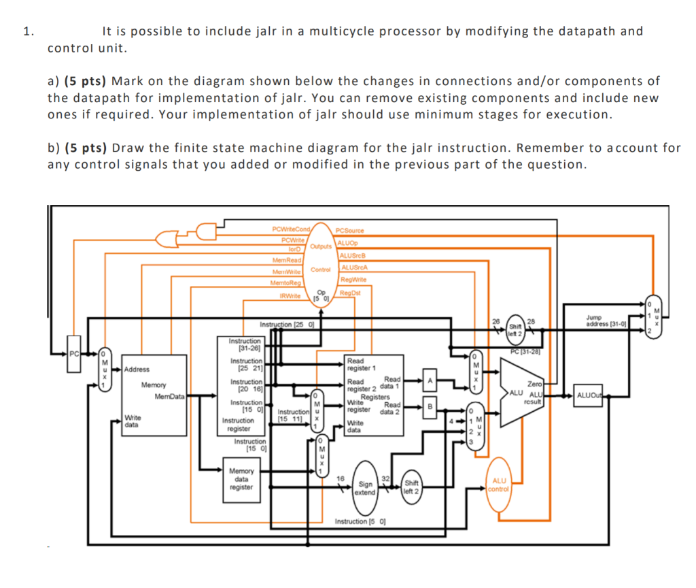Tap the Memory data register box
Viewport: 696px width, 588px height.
(241, 478)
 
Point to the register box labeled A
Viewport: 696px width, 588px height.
(429, 379)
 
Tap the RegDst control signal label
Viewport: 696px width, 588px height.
(350, 293)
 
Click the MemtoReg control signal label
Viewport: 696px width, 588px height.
(285, 282)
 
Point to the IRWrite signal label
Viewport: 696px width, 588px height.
(291, 295)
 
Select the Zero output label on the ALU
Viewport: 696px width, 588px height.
(543, 385)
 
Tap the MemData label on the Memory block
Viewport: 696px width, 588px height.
(169, 396)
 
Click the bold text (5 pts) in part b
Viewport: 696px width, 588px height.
(85, 148)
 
